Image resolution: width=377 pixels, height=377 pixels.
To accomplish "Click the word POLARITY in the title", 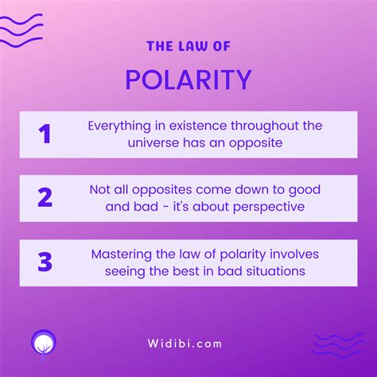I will click(188, 80).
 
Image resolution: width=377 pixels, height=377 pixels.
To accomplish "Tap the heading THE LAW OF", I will click(188, 46).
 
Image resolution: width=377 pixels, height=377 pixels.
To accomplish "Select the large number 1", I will click(45, 134).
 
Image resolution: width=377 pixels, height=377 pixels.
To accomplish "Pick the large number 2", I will click(45, 197).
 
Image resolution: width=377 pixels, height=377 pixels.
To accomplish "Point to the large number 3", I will click(45, 262).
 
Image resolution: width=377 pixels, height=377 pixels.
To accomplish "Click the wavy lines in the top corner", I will click(21, 28).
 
